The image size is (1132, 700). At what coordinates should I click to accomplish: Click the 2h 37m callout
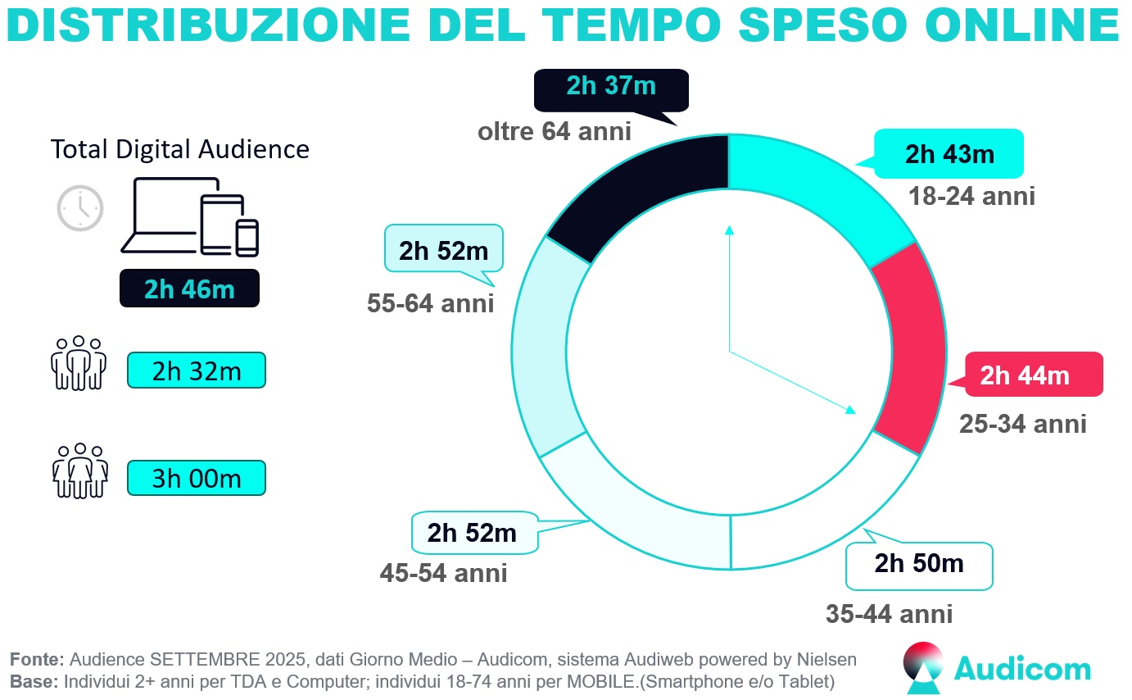coord(611,87)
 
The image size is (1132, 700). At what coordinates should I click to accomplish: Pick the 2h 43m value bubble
coord(949,153)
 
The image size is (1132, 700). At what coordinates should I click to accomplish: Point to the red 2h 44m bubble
coord(1034,375)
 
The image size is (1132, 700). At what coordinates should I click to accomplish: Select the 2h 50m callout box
coord(919,565)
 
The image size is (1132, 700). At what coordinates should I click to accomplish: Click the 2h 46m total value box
coord(189,289)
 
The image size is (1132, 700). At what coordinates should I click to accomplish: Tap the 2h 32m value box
coord(197,370)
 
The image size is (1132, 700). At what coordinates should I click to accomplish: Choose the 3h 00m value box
coord(197,478)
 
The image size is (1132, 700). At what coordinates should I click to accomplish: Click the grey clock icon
coord(80,208)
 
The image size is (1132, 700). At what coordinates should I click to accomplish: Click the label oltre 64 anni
coord(555,131)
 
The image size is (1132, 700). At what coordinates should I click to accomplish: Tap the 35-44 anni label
coord(889,614)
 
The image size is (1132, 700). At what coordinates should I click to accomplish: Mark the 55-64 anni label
coord(430,304)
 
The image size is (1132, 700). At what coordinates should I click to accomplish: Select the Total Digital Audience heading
coord(180,149)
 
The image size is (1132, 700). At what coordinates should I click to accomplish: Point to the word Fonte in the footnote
coord(37,660)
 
